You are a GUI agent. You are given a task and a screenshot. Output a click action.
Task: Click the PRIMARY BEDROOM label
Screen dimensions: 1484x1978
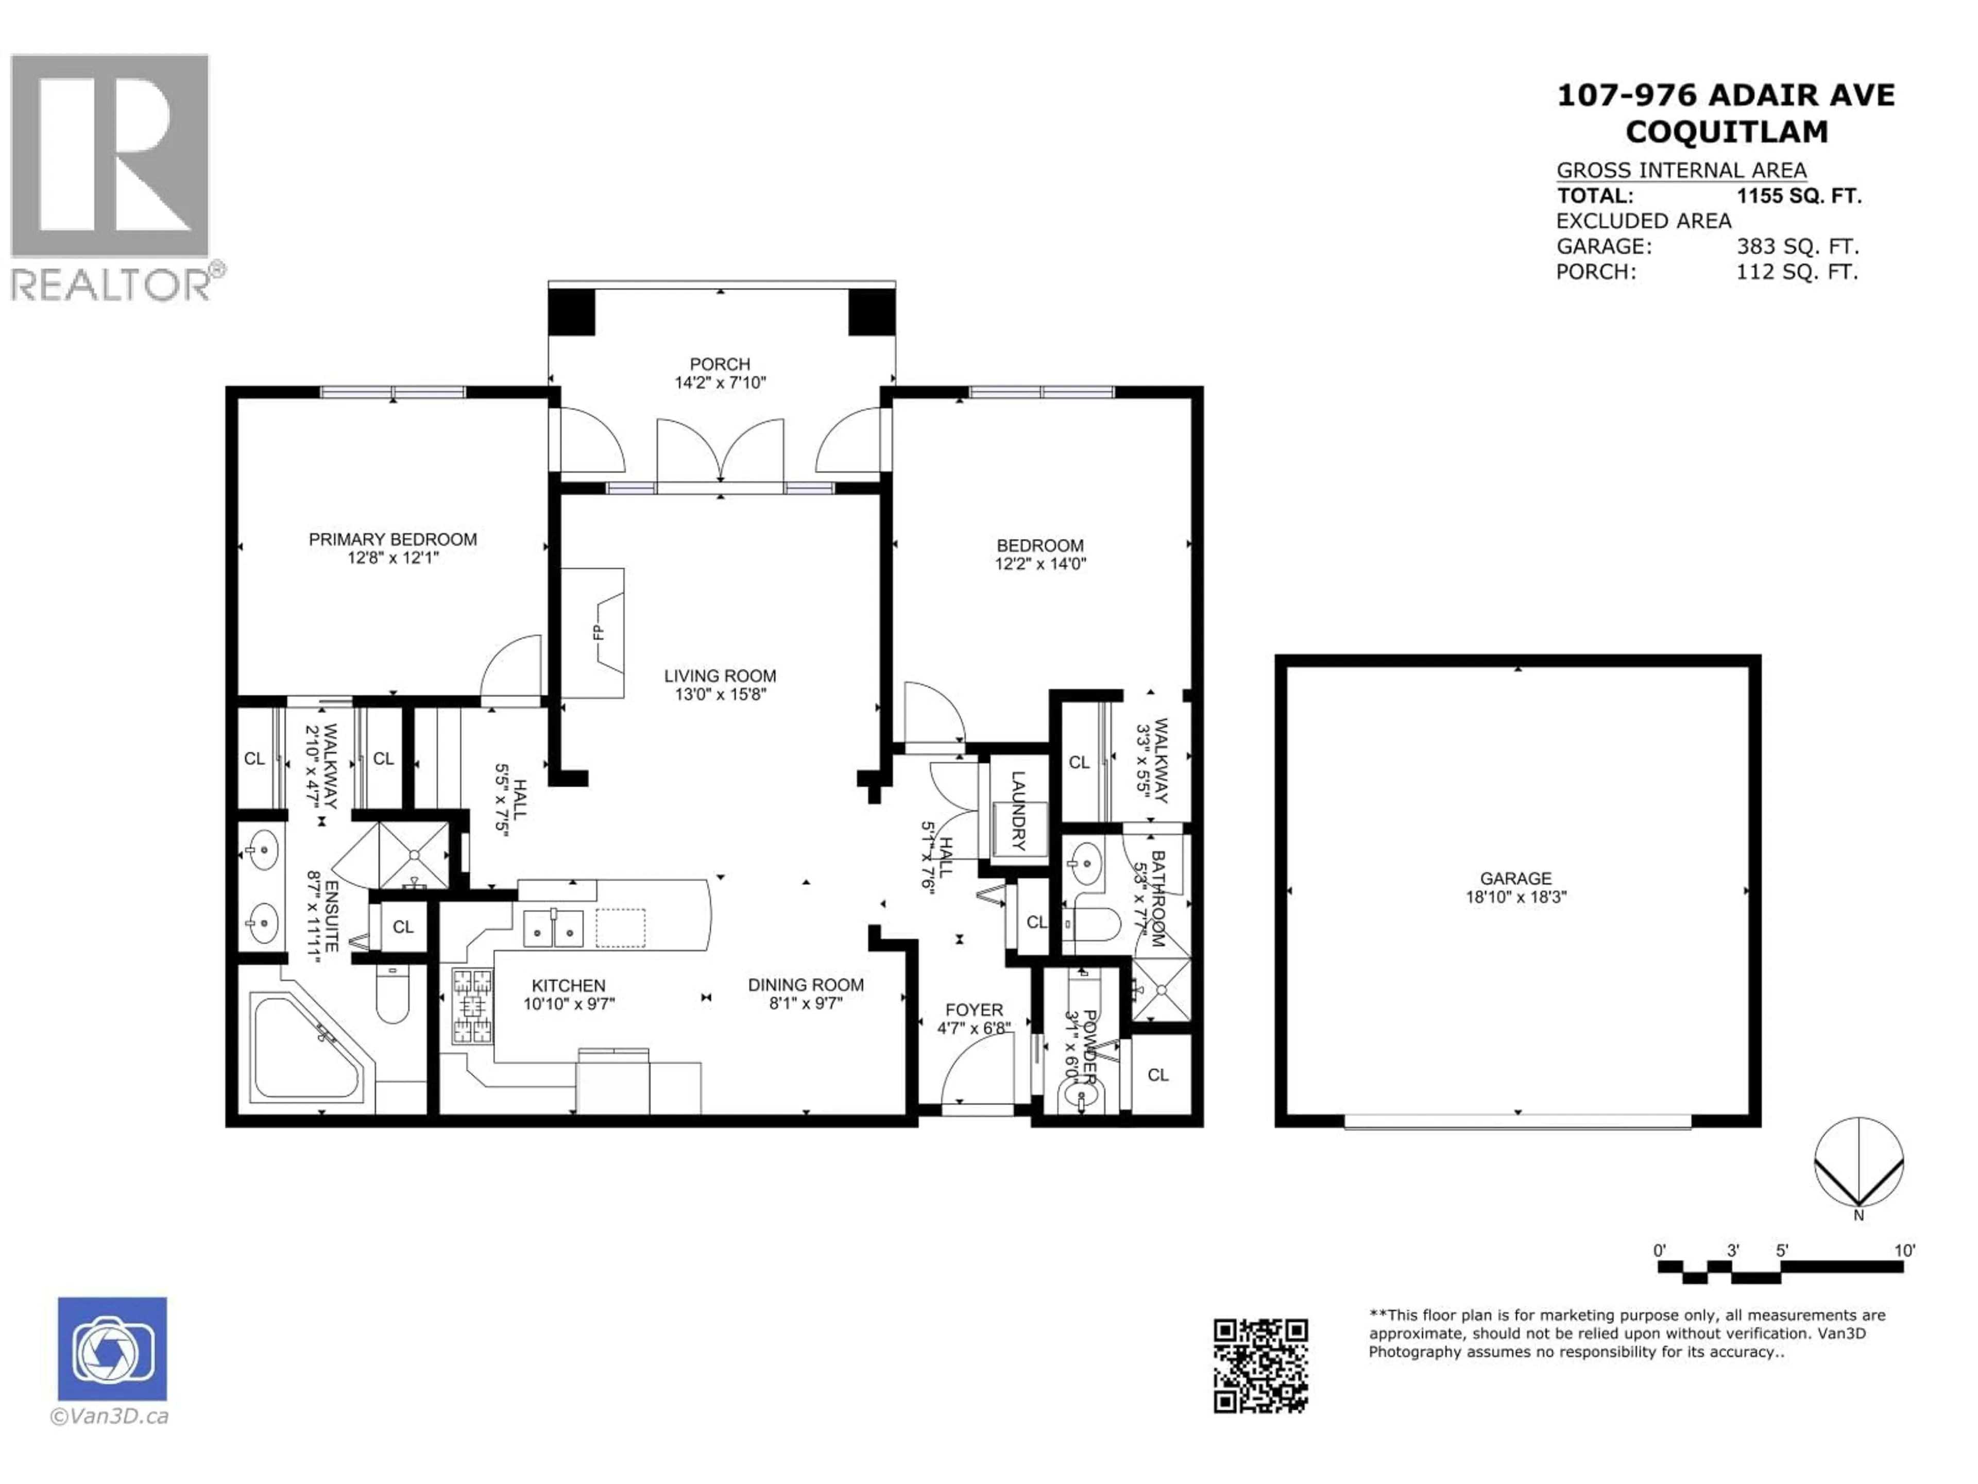(393, 539)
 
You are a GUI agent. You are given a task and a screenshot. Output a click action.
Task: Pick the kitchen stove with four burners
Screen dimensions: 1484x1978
(472, 1006)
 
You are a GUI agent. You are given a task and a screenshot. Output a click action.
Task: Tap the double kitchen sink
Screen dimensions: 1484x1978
(554, 929)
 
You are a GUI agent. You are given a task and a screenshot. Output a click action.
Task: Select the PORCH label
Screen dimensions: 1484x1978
(720, 364)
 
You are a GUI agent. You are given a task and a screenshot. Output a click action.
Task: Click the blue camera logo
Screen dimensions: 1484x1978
(113, 1349)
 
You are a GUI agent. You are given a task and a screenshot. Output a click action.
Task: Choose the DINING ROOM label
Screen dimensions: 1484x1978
(806, 985)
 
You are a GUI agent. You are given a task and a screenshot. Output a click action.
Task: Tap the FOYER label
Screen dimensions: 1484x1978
(974, 1010)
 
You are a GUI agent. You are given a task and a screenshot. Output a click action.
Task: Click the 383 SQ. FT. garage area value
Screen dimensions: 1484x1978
(1797, 246)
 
